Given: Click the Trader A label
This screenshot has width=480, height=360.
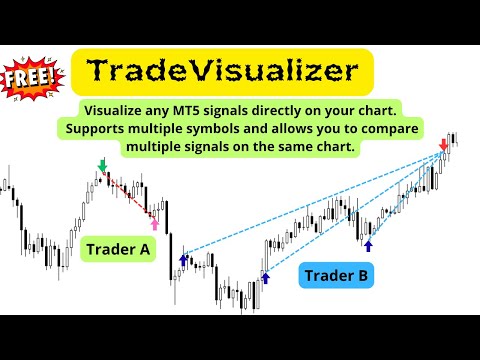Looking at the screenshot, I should [119, 249].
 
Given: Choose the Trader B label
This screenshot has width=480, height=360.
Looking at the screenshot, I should [336, 274].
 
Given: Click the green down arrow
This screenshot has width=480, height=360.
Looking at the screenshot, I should [101, 164].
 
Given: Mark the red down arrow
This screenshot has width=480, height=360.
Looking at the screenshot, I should [443, 146].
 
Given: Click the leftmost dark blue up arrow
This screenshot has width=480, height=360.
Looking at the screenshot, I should [183, 260].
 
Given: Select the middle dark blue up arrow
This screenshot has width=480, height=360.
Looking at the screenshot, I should [265, 278].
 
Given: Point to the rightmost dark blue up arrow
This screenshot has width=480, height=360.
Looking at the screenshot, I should [368, 244].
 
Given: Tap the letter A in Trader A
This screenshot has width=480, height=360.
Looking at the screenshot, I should [146, 249].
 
